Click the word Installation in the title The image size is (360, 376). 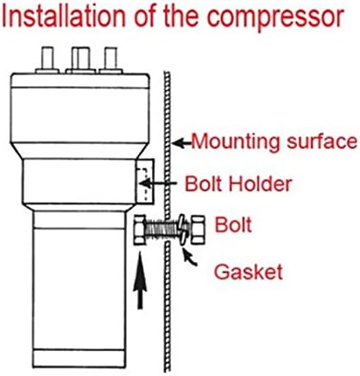(x=64, y=16)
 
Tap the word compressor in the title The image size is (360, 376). (x=275, y=19)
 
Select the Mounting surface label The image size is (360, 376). (x=275, y=142)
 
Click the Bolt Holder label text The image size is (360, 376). (x=238, y=184)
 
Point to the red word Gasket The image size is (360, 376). (x=249, y=272)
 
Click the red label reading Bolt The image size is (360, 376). (x=233, y=224)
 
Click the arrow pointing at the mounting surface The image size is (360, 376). (x=182, y=143)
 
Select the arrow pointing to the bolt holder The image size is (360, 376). (x=158, y=183)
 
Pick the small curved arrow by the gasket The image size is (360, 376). (x=190, y=259)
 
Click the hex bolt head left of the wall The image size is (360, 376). (x=140, y=229)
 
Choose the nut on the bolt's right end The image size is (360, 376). (x=198, y=229)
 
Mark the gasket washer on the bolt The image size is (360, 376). (x=183, y=230)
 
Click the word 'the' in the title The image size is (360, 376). (x=180, y=16)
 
